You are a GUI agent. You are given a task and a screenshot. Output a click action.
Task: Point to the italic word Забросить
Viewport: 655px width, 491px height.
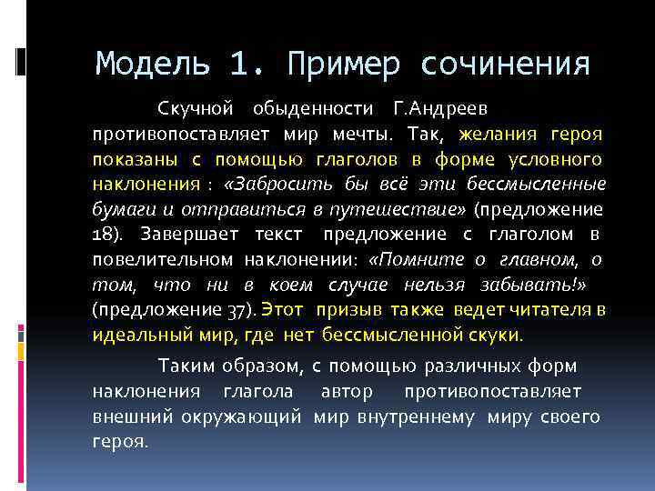(x=276, y=185)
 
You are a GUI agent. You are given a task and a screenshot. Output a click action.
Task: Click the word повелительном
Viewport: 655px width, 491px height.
(x=164, y=260)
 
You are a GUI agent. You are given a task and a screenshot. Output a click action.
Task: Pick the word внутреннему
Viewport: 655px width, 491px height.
(x=424, y=416)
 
